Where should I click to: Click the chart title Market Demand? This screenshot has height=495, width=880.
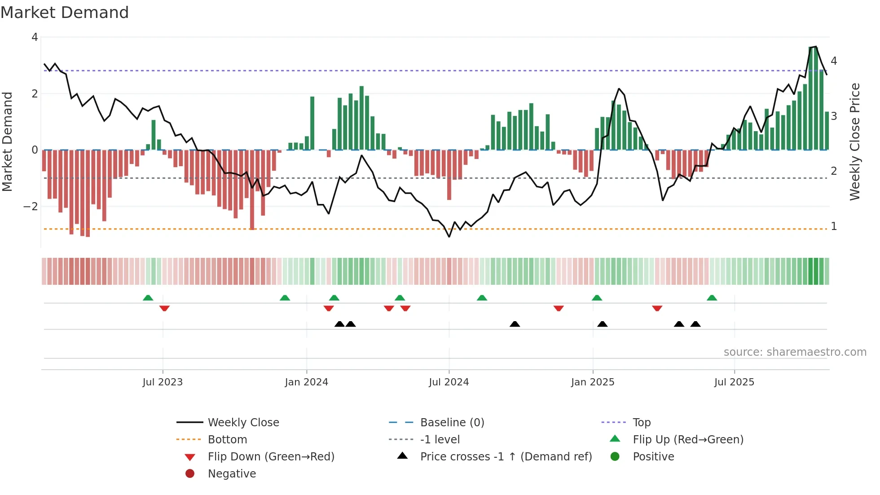pos(65,13)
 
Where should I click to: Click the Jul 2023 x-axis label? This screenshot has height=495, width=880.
pos(163,382)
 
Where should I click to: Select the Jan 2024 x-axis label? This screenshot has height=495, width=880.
pos(307,382)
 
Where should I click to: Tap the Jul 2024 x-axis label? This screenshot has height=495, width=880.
pos(449,382)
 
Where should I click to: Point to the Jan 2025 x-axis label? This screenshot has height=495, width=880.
pos(593,382)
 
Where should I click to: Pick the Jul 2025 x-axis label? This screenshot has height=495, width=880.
pos(734,382)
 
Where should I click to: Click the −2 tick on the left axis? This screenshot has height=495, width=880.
pos(31,207)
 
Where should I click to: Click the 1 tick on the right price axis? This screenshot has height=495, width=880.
pos(834,226)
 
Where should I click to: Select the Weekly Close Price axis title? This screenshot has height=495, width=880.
pos(855,141)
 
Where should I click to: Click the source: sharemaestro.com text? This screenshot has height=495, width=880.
pos(795,352)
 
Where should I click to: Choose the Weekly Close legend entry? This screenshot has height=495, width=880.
pos(243,423)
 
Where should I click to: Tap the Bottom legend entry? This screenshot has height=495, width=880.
pos(227,440)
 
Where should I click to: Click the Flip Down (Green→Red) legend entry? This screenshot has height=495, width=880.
pos(271,457)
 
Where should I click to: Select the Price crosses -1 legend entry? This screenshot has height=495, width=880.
pos(506,457)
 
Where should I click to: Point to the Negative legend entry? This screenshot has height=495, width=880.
pos(232,474)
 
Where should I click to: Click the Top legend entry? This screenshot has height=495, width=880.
pos(642,423)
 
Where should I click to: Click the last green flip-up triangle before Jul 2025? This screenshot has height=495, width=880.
pos(712,298)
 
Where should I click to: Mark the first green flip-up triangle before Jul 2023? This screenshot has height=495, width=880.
pos(148,298)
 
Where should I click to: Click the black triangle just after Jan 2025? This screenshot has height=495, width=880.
pos(603,324)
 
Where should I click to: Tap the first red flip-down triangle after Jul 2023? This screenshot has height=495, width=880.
pos(164,308)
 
